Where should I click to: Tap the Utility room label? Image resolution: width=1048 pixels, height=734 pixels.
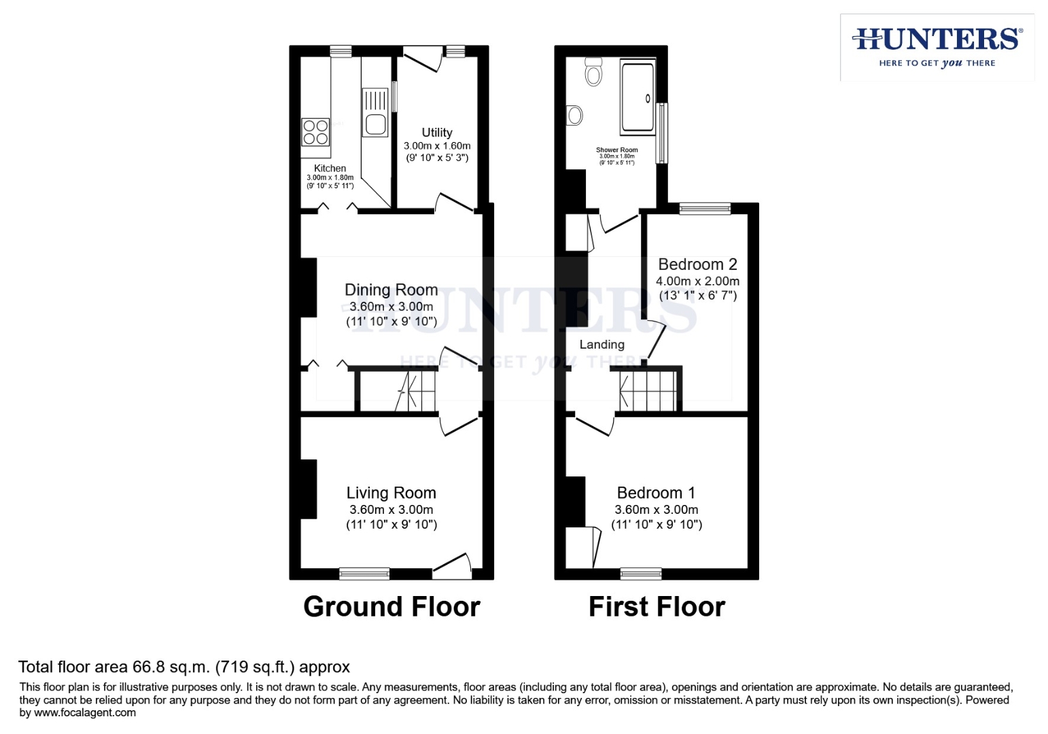[436, 133]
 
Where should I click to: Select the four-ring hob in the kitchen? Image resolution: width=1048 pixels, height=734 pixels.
[315, 132]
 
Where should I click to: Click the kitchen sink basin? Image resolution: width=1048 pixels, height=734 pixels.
[376, 124]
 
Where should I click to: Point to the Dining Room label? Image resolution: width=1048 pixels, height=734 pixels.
[391, 290]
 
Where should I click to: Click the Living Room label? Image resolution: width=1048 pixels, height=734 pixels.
[391, 493]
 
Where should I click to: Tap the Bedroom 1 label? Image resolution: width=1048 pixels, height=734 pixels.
[656, 493]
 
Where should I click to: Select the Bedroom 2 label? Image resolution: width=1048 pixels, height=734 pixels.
[697, 264]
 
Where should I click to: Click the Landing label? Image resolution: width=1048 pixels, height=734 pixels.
[601, 345]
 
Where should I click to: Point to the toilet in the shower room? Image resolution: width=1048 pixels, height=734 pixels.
[593, 71]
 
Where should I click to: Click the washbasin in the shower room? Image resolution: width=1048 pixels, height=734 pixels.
[574, 116]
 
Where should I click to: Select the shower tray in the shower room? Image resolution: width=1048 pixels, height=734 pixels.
[637, 97]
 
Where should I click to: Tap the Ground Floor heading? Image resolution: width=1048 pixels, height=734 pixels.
[391, 606]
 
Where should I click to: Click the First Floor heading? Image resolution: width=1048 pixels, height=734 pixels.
[657, 606]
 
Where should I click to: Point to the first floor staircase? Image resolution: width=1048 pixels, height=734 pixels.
[649, 390]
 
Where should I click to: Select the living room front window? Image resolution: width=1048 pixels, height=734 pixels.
[364, 574]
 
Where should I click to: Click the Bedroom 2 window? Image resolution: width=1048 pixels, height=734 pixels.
[705, 209]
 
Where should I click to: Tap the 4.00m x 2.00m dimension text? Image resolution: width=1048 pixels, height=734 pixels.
[697, 281]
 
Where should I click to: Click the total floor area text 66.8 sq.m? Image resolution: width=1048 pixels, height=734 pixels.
[184, 667]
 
